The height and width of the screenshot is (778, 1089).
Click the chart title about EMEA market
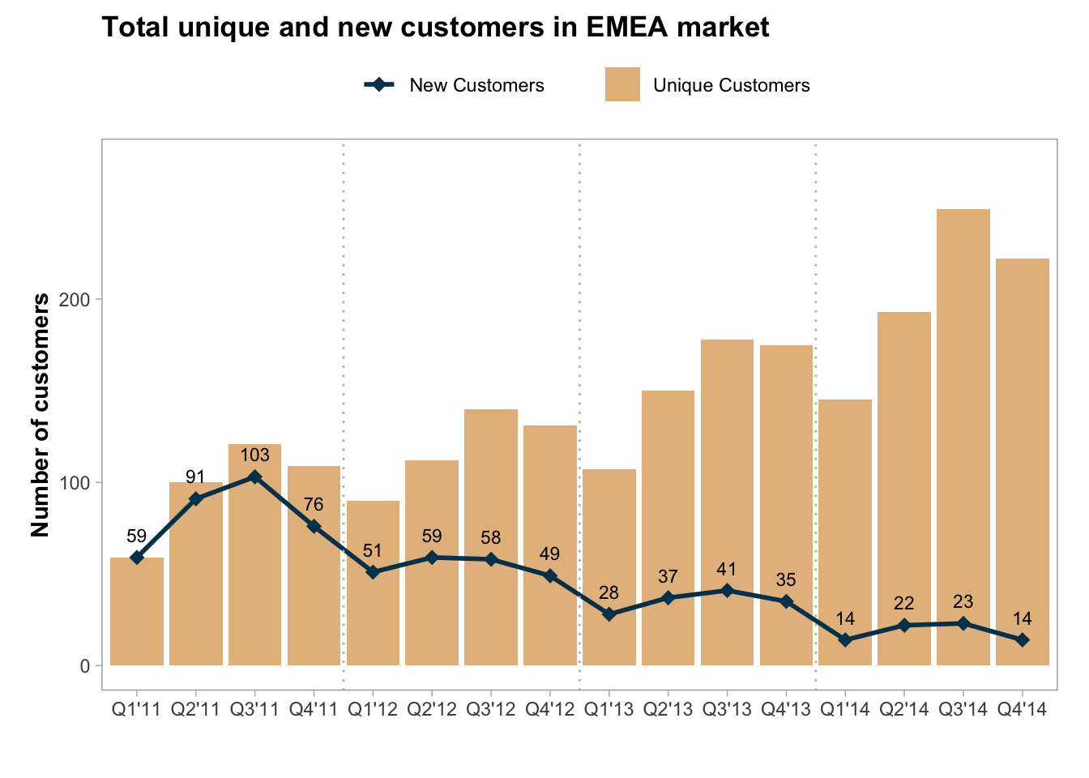[x=435, y=28]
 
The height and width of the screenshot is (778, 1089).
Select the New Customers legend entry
[x=455, y=85]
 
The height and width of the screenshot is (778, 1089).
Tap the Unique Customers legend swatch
[x=622, y=84]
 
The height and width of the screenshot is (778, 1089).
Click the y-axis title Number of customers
[x=41, y=415]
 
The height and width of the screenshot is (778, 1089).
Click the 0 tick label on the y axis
[x=83, y=665]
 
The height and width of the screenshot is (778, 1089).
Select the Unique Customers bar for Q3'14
[x=963, y=438]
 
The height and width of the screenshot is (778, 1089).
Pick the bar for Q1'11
[x=137, y=611]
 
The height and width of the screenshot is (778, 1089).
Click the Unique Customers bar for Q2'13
[x=668, y=528]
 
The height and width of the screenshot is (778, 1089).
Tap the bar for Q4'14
[x=1023, y=462]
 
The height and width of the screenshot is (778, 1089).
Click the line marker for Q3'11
[x=255, y=477]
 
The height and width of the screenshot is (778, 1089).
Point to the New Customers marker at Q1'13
[x=609, y=614]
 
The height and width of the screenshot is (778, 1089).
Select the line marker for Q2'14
[x=904, y=625]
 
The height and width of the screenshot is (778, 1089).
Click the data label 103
[x=255, y=455]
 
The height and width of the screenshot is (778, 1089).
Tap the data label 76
[x=314, y=505]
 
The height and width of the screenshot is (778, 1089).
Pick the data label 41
[x=727, y=570]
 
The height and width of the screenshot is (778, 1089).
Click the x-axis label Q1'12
[x=373, y=710]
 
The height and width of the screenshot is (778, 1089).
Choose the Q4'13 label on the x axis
[x=786, y=710]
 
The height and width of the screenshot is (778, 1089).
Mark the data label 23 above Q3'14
[x=963, y=602]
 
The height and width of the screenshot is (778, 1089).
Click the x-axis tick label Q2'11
[x=196, y=710]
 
